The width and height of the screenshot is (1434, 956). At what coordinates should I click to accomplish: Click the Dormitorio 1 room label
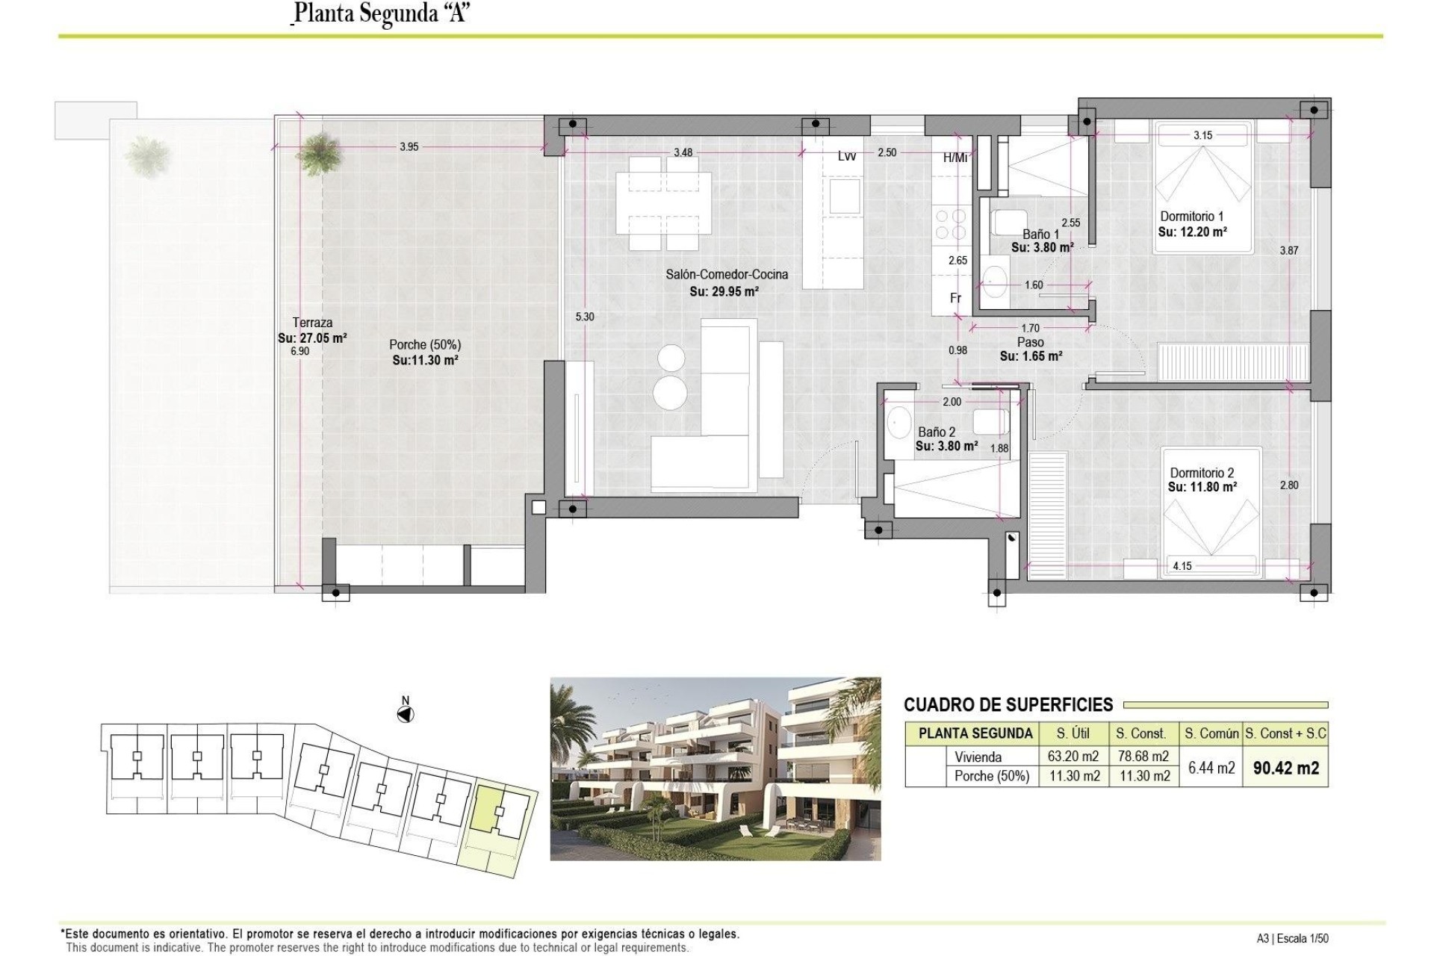[1191, 217]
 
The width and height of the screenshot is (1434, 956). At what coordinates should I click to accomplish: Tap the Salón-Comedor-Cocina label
[726, 274]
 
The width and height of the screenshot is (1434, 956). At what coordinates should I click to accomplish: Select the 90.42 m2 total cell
[1285, 768]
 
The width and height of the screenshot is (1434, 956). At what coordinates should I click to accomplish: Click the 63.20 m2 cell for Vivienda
[1073, 757]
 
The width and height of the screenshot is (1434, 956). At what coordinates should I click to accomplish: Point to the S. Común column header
[1211, 733]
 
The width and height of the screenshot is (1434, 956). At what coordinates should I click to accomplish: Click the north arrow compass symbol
[406, 715]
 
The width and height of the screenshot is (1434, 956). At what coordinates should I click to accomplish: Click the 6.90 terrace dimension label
[299, 350]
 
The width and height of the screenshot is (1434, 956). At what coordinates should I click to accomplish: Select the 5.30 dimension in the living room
[584, 317]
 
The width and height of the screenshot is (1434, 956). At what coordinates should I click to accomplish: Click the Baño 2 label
[937, 432]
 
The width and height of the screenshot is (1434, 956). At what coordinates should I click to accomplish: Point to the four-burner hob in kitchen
[949, 224]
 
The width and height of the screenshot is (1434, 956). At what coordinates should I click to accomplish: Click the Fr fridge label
[955, 298]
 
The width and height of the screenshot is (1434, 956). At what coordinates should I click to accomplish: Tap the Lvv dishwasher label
[846, 155]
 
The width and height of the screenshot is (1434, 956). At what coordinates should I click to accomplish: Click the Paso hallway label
[1030, 342]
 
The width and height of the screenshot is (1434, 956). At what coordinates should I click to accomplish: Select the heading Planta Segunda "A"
[380, 13]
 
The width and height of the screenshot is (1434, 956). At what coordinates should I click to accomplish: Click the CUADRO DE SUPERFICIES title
[1008, 704]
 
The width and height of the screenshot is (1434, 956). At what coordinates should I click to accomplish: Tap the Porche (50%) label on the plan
[424, 344]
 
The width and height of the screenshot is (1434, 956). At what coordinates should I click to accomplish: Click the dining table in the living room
[663, 202]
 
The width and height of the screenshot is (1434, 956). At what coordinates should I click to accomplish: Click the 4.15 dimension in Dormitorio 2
[1182, 566]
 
